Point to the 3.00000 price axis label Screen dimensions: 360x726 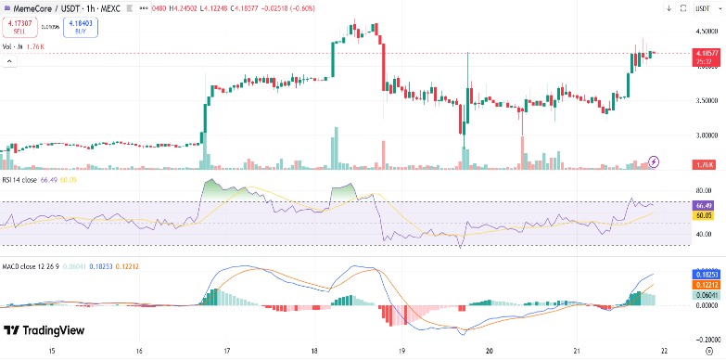(x=705, y=136)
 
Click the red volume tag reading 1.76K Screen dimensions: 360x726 (x=704, y=164)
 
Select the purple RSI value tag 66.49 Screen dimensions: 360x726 (x=704, y=204)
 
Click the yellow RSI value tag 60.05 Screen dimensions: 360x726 (x=704, y=214)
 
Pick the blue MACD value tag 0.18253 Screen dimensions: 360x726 (x=704, y=275)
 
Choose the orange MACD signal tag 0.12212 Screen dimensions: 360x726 (x=704, y=284)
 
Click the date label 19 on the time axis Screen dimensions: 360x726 (x=401, y=352)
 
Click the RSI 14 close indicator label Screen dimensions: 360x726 (x=27, y=180)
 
